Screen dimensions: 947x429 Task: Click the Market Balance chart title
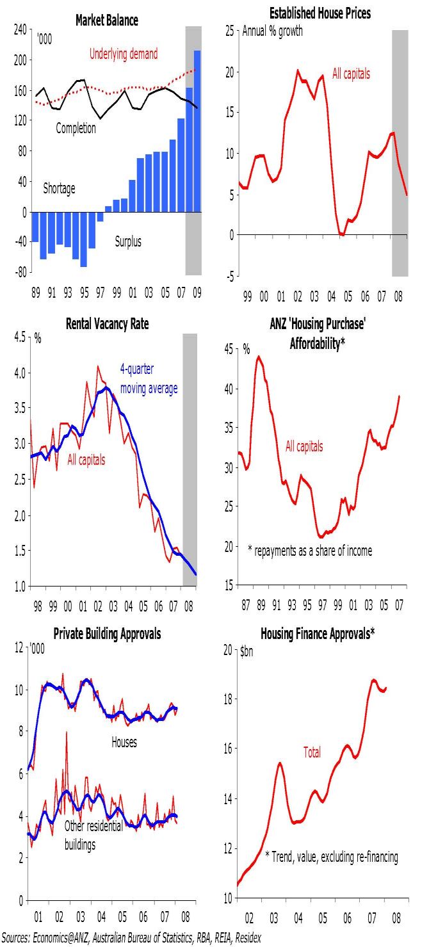pyautogui.click(x=107, y=20)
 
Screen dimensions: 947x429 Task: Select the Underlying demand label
pyautogui.click(x=124, y=54)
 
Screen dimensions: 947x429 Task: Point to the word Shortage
pyautogui.click(x=59, y=189)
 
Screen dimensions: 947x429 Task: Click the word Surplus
pyautogui.click(x=128, y=241)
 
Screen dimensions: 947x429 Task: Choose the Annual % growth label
pyautogui.click(x=273, y=31)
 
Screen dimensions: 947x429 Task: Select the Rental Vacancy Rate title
pyautogui.click(x=107, y=324)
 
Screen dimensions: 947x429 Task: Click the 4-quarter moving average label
pyautogui.click(x=149, y=378)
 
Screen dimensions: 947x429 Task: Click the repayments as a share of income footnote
pyautogui.click(x=310, y=550)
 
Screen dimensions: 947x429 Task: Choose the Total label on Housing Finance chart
pyautogui.click(x=312, y=753)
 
